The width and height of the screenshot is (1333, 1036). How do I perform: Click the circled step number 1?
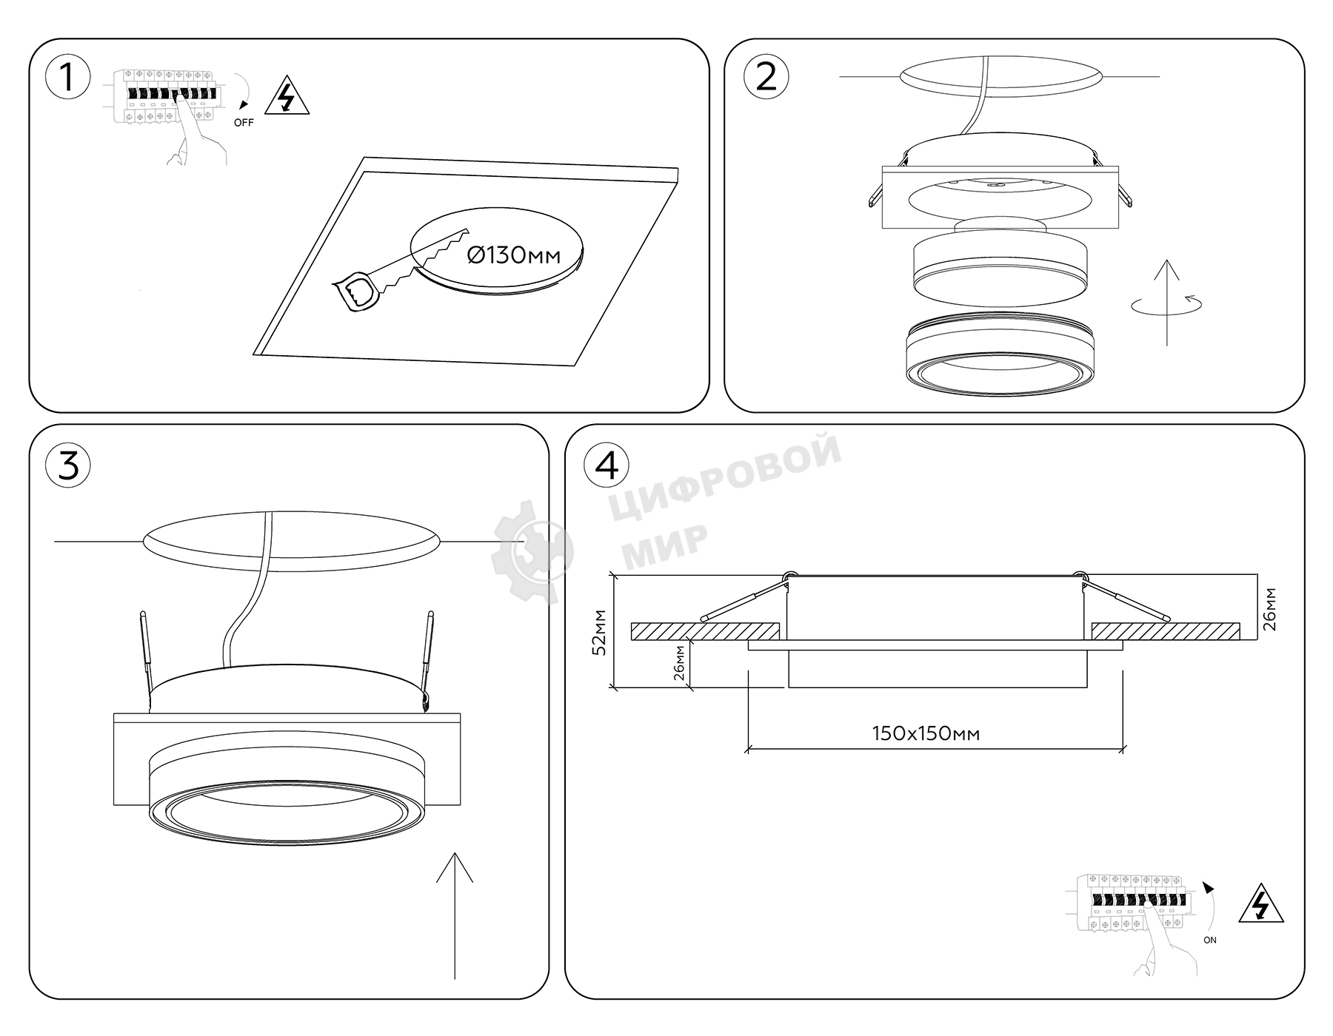67,77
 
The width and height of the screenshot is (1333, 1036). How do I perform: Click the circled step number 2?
766,77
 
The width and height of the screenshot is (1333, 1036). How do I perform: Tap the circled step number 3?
67,465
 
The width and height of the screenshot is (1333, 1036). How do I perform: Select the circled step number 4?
607,465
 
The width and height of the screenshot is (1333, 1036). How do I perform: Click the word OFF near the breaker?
244,123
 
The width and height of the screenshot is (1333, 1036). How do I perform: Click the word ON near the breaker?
1209,940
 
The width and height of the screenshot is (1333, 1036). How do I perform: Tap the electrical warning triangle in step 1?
287,95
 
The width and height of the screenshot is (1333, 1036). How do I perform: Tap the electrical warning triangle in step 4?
1261,904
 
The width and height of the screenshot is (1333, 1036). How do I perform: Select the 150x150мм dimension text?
926,733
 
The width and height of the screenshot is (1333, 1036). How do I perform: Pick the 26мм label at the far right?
1269,608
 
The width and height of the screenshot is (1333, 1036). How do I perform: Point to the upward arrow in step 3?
455,915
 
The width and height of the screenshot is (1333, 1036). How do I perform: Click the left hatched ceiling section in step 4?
705,631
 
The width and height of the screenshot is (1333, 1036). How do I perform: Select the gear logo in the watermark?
532,551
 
